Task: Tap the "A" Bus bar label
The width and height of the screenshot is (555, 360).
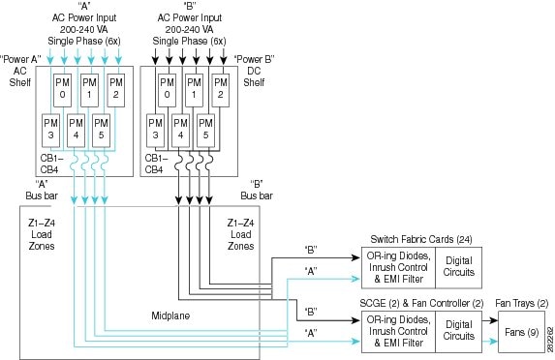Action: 41,189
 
